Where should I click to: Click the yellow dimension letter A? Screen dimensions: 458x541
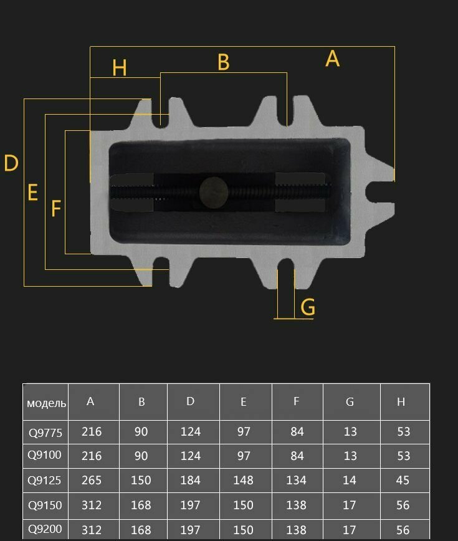pos(333,59)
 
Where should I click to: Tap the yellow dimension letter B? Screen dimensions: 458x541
pos(224,62)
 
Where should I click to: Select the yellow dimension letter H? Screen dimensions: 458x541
pos(119,67)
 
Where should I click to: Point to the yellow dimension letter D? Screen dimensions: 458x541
pos(11,163)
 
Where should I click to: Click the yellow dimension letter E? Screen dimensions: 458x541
pos(32,192)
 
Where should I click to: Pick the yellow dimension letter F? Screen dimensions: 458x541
pos(56,208)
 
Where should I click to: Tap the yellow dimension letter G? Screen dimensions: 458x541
pos(308,307)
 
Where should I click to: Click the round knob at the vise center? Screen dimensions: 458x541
pos(214,192)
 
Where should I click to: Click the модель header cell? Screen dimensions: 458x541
pos(46,403)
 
